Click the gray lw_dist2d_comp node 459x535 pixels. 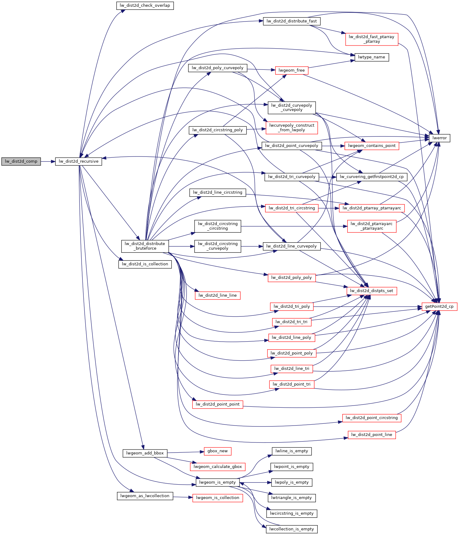tap(21, 161)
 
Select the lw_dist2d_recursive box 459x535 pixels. tap(79, 161)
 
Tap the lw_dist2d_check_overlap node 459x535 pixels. tap(145, 6)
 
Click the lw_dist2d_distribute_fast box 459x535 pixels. tap(292, 21)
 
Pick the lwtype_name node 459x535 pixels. tap(372, 57)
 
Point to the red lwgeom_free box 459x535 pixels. tap(292, 70)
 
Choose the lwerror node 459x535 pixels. tap(439, 138)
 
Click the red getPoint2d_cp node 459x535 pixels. tap(439, 307)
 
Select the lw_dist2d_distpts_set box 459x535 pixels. tap(372, 291)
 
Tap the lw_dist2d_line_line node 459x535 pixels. tap(218, 295)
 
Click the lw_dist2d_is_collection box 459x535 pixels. tap(145, 264)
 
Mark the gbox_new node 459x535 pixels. tap(218, 451)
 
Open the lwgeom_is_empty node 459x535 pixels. tap(218, 482)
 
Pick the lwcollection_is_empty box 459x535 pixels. tap(292, 529)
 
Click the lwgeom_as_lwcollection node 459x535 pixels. tap(145, 496)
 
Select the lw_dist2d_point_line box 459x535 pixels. tap(372, 435)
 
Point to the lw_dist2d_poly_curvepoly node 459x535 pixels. tap(218, 68)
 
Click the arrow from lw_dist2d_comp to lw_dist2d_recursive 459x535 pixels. tap(48, 161)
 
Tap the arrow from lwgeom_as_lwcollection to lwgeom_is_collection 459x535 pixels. tap(183, 497)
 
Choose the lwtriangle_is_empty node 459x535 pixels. tap(292, 498)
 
